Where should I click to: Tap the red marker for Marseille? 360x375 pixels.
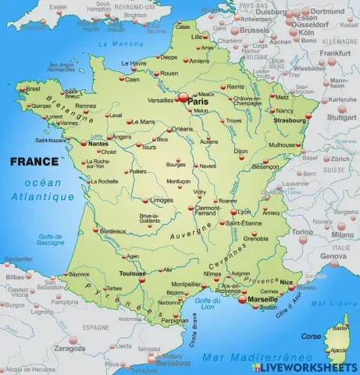[242, 298]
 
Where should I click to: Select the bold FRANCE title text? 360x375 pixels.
[33, 162]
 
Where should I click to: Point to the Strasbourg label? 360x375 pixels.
[290, 120]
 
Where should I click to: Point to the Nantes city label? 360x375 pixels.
[98, 144]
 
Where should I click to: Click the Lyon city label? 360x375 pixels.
[245, 212]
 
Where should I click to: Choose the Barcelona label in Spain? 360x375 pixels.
[173, 362]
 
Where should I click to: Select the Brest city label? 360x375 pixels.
[34, 88]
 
